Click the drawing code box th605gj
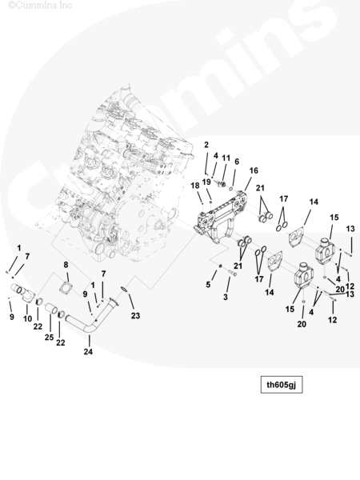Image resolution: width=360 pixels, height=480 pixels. (x=282, y=385)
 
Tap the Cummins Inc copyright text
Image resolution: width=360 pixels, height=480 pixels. (x=40, y=5)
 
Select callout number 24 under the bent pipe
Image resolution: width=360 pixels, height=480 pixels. (x=88, y=352)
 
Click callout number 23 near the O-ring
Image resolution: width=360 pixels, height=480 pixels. (x=136, y=316)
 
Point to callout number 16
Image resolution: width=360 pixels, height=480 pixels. (x=254, y=170)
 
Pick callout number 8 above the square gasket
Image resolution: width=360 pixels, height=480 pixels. (x=66, y=265)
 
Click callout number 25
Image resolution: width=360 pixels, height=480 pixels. (x=49, y=338)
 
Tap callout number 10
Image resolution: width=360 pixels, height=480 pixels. (x=27, y=318)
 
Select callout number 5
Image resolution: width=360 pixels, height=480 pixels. (x=208, y=285)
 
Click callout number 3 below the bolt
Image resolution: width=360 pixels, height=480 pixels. (x=226, y=297)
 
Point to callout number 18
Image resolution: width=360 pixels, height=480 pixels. (x=195, y=186)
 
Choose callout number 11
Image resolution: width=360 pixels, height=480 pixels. (x=226, y=158)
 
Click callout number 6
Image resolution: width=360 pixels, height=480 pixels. (x=237, y=162)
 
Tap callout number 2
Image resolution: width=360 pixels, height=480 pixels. (x=206, y=145)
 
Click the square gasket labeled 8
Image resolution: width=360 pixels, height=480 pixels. (x=66, y=288)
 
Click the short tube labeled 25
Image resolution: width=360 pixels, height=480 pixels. (x=51, y=308)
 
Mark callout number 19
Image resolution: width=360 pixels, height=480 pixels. (x=206, y=182)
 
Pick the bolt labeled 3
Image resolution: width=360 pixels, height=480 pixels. (x=233, y=272)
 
